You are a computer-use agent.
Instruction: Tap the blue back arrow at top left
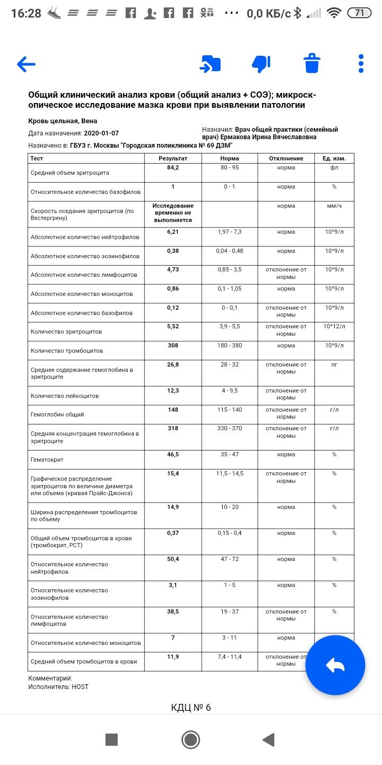click(x=26, y=64)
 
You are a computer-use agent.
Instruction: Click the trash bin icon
click(x=312, y=64)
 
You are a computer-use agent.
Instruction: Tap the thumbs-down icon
click(x=261, y=64)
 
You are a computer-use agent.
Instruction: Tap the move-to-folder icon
click(x=210, y=64)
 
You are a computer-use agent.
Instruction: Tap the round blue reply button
click(x=335, y=665)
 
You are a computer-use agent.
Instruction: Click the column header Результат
click(x=173, y=158)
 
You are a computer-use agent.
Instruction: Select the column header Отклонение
click(x=286, y=158)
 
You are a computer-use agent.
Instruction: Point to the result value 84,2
click(x=173, y=168)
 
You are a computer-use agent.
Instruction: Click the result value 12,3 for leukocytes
click(x=173, y=391)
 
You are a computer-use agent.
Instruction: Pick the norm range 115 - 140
click(x=230, y=410)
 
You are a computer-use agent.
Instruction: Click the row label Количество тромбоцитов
click(x=67, y=351)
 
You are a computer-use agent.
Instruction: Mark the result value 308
click(x=173, y=346)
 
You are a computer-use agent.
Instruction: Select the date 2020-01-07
click(x=101, y=133)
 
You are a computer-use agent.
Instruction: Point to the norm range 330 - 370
click(x=230, y=429)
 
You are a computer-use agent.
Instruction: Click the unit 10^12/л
click(x=334, y=326)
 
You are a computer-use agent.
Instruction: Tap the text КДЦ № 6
click(x=191, y=708)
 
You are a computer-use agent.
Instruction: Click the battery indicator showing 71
click(x=359, y=13)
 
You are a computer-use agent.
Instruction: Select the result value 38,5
click(x=173, y=612)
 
